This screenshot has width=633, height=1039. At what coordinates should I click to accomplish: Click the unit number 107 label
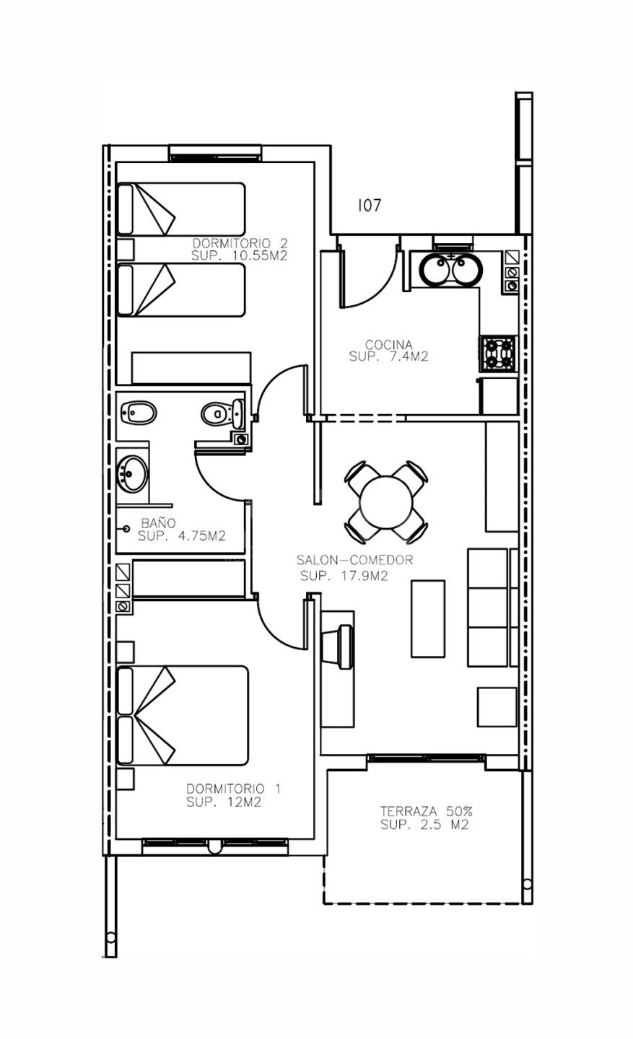point(370,205)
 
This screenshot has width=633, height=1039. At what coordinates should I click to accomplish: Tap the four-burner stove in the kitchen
point(498,354)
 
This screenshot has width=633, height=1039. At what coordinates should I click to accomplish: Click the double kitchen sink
point(450,270)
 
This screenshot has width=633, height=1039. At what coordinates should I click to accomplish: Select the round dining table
point(385,503)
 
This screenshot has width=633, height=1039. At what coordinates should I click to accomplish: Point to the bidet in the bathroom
point(139,413)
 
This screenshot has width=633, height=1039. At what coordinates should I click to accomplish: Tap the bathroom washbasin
point(133,474)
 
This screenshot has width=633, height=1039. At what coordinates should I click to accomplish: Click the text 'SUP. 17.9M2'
point(344,576)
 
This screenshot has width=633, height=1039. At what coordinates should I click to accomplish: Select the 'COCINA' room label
point(388,345)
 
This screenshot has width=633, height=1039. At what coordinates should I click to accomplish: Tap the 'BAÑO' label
point(158,522)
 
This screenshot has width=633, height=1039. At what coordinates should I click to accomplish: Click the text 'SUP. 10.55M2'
point(239,255)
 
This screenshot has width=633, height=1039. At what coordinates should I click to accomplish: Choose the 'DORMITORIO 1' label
point(233,789)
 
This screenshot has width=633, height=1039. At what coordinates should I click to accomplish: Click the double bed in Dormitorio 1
point(183,716)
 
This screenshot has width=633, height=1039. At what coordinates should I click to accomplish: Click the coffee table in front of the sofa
point(428,619)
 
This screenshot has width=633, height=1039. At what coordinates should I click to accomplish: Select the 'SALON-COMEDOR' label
point(354,560)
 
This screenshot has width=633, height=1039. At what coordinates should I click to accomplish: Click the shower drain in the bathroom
point(126,528)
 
